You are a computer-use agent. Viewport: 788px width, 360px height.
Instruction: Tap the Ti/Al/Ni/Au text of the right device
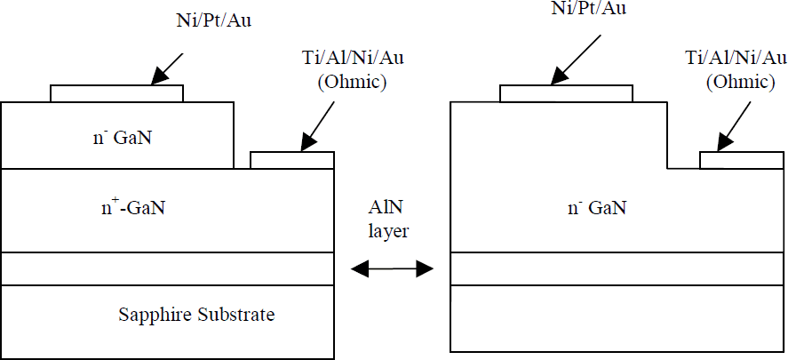(x=736, y=59)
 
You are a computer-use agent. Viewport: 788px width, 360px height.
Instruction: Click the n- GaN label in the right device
(x=598, y=209)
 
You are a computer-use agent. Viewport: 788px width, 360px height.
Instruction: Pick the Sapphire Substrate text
(x=196, y=315)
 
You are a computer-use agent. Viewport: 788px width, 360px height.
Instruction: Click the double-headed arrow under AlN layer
(x=392, y=268)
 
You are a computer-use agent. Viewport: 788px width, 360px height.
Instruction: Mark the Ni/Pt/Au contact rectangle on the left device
(x=116, y=94)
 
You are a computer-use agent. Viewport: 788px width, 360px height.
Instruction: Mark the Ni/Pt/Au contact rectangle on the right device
(x=566, y=94)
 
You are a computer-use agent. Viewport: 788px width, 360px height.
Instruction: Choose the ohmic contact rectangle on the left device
(x=292, y=160)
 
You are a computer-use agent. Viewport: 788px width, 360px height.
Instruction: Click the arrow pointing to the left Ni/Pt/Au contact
(x=167, y=68)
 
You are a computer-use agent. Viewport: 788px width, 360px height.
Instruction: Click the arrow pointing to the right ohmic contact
(x=734, y=129)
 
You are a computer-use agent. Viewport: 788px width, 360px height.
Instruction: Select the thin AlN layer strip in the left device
(x=168, y=268)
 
